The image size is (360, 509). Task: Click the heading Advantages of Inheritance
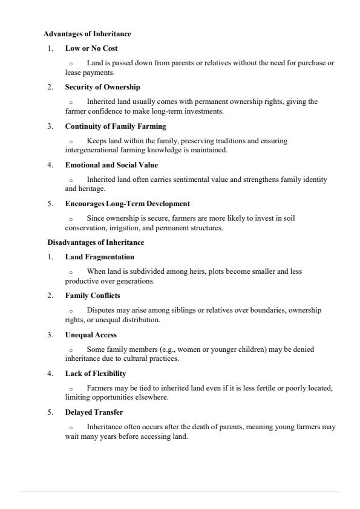click(x=87, y=34)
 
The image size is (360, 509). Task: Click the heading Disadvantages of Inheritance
click(x=96, y=242)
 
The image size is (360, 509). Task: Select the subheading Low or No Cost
click(x=91, y=48)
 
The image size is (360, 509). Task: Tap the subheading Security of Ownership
click(x=102, y=87)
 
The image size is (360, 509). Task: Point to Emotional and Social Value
click(x=111, y=165)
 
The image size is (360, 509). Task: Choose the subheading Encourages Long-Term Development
click(x=127, y=204)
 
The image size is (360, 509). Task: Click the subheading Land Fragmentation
click(x=99, y=257)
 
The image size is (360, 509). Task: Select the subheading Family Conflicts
click(x=93, y=296)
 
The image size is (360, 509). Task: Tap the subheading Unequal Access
click(x=91, y=335)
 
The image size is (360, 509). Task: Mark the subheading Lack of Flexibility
click(x=95, y=374)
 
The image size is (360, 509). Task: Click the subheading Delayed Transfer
click(x=94, y=412)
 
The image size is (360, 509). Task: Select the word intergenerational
click(x=91, y=150)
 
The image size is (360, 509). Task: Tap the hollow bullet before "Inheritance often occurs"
click(x=71, y=427)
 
